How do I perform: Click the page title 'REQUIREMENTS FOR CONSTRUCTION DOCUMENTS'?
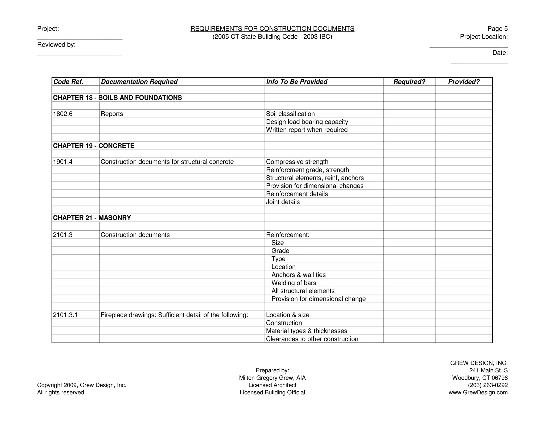pyautogui.click(x=272, y=29)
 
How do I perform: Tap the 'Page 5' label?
pyautogui.click(x=497, y=29)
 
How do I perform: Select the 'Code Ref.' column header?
pyautogui.click(x=68, y=82)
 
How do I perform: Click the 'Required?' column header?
pyautogui.click(x=409, y=82)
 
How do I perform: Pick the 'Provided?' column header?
pyautogui.click(x=464, y=82)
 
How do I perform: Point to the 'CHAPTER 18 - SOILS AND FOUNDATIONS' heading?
pyautogui.click(x=117, y=98)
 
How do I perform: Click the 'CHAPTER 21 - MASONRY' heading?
pyautogui.click(x=92, y=218)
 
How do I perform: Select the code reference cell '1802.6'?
pyautogui.click(x=63, y=114)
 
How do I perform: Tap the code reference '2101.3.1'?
pyautogui.click(x=65, y=315)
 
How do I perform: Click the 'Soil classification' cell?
pyautogui.click(x=290, y=114)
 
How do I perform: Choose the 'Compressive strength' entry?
pyautogui.click(x=297, y=162)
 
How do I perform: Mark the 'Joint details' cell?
pyautogui.click(x=283, y=202)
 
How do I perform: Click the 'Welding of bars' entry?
pyautogui.click(x=294, y=283)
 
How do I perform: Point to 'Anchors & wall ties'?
pyautogui.click(x=298, y=275)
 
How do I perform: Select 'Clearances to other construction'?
pyautogui.click(x=312, y=339)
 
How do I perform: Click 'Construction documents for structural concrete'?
pyautogui.click(x=167, y=162)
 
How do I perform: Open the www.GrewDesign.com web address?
pyautogui.click(x=478, y=392)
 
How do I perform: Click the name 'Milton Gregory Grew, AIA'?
pyautogui.click(x=272, y=378)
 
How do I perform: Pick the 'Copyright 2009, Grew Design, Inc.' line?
pyautogui.click(x=82, y=385)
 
